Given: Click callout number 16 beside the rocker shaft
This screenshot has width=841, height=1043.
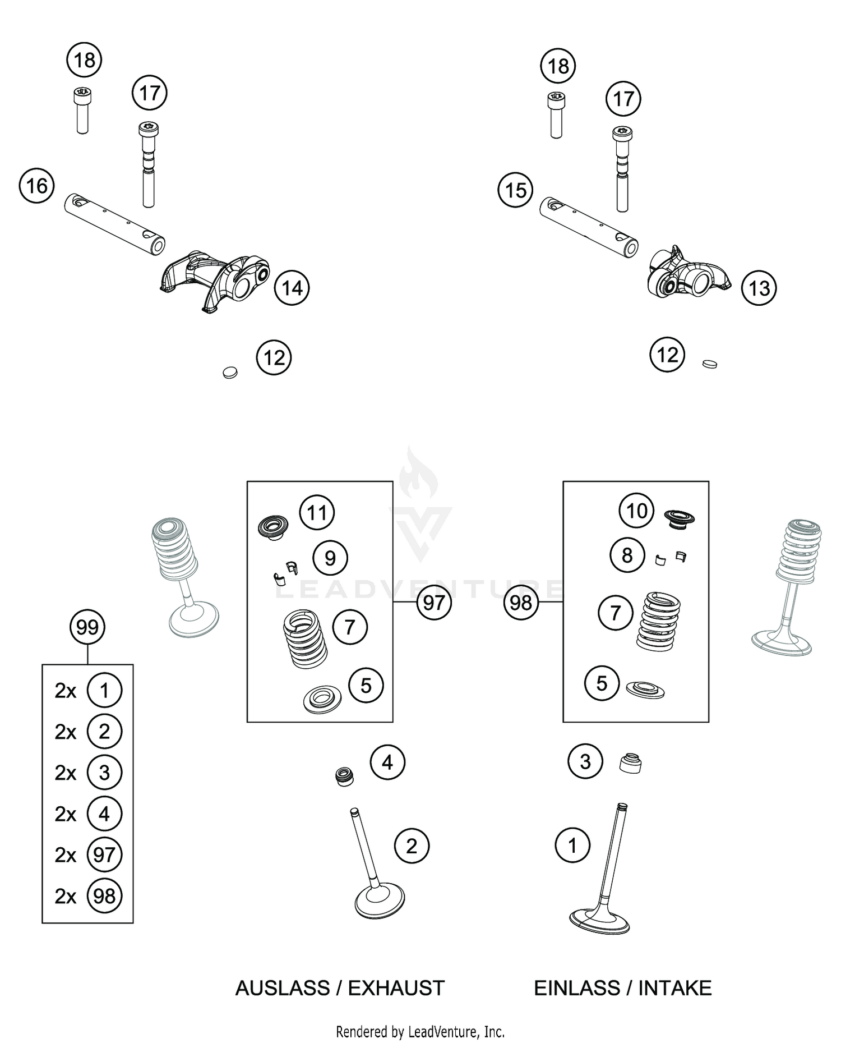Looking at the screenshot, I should pos(36,186).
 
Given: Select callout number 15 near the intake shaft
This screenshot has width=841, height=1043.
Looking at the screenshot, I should pos(515,190).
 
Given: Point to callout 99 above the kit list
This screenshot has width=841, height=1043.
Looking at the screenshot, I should pos(87,627).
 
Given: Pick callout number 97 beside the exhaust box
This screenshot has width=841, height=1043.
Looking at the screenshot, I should pos(433,603).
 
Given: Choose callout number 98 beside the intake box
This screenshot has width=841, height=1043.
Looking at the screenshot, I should pos(521,603).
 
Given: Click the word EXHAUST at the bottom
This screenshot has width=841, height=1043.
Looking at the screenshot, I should pos(396,988).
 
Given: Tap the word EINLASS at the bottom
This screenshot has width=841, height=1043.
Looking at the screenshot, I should pos(576,988).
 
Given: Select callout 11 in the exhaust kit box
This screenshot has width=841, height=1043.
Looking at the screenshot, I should pos(317,512).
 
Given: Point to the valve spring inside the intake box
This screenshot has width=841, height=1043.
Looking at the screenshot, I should pos(658,621).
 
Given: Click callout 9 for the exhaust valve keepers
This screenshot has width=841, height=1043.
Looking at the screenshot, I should pos(330,558).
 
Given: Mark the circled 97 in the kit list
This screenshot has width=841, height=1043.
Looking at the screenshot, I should pos(104,855).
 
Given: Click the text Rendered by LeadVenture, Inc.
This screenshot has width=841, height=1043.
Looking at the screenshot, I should pos(420,1031).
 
